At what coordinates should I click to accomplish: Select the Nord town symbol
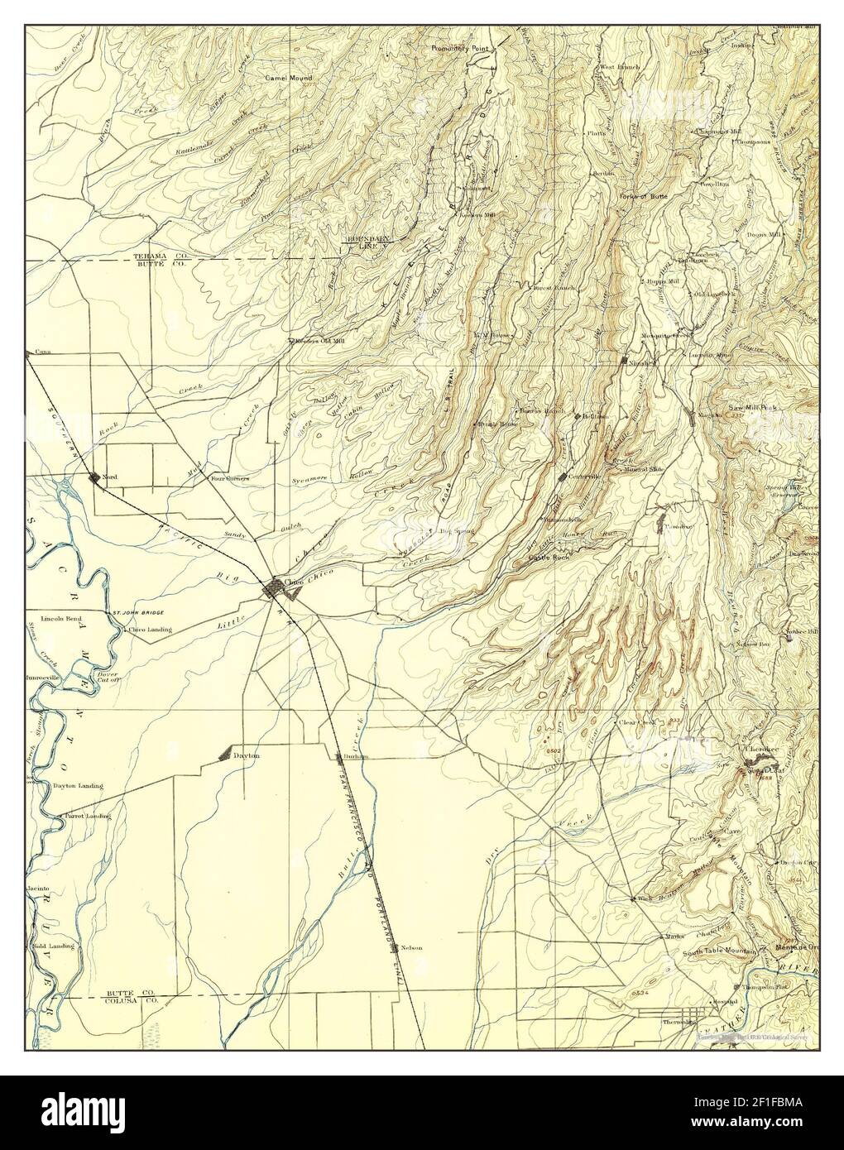click(x=94, y=477)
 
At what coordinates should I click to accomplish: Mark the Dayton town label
click(x=247, y=755)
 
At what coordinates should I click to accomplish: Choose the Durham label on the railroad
click(x=356, y=756)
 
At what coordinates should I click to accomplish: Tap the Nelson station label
click(x=410, y=947)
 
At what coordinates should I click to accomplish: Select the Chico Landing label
click(x=150, y=630)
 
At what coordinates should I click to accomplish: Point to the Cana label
click(x=43, y=352)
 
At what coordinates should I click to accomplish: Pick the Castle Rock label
click(x=549, y=559)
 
